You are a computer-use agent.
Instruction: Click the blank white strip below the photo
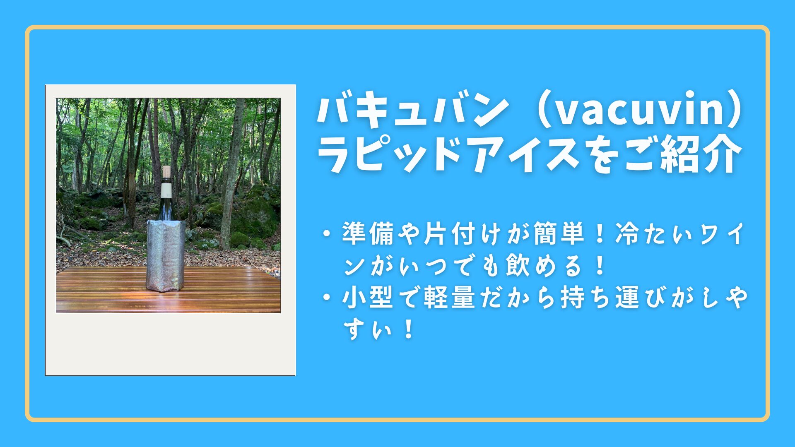tap(170, 344)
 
